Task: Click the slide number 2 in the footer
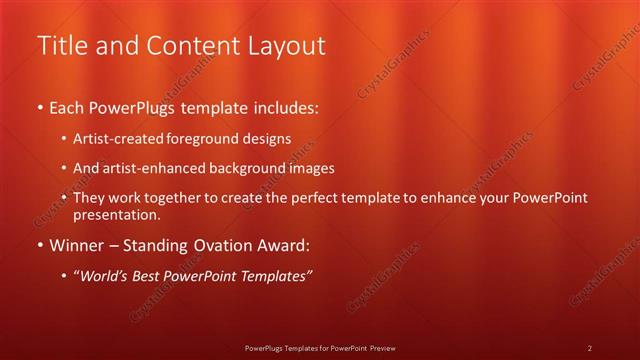[589, 347]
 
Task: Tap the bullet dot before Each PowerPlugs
[39, 106]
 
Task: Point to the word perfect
[308, 198]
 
